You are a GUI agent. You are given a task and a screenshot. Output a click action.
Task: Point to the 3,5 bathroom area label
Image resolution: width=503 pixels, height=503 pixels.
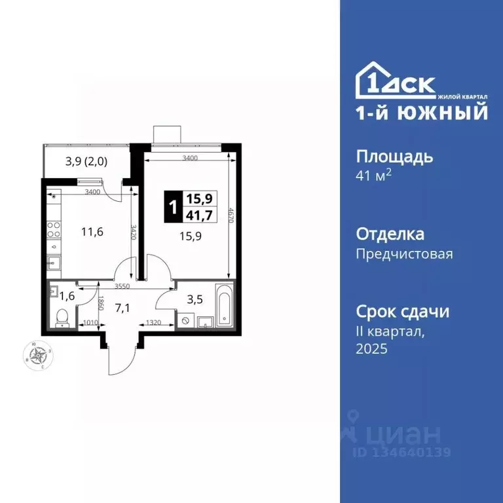click(195, 299)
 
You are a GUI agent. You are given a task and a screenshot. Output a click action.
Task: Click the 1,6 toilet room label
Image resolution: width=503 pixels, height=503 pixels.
click(67, 295)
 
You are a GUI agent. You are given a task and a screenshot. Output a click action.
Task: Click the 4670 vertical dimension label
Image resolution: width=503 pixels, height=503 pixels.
click(231, 217)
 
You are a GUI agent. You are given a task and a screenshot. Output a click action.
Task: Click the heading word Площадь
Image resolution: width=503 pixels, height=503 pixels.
click(394, 157)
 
